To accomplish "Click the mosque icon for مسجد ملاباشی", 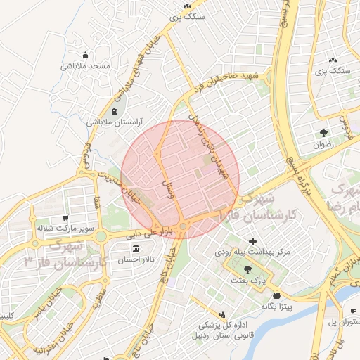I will click(x=86, y=56).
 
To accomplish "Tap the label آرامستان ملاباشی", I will click(x=112, y=122).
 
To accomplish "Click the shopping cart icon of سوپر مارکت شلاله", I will click(x=65, y=218).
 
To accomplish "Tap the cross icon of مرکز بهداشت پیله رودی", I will click(x=253, y=241).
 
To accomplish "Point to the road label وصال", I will click(x=168, y=188).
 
